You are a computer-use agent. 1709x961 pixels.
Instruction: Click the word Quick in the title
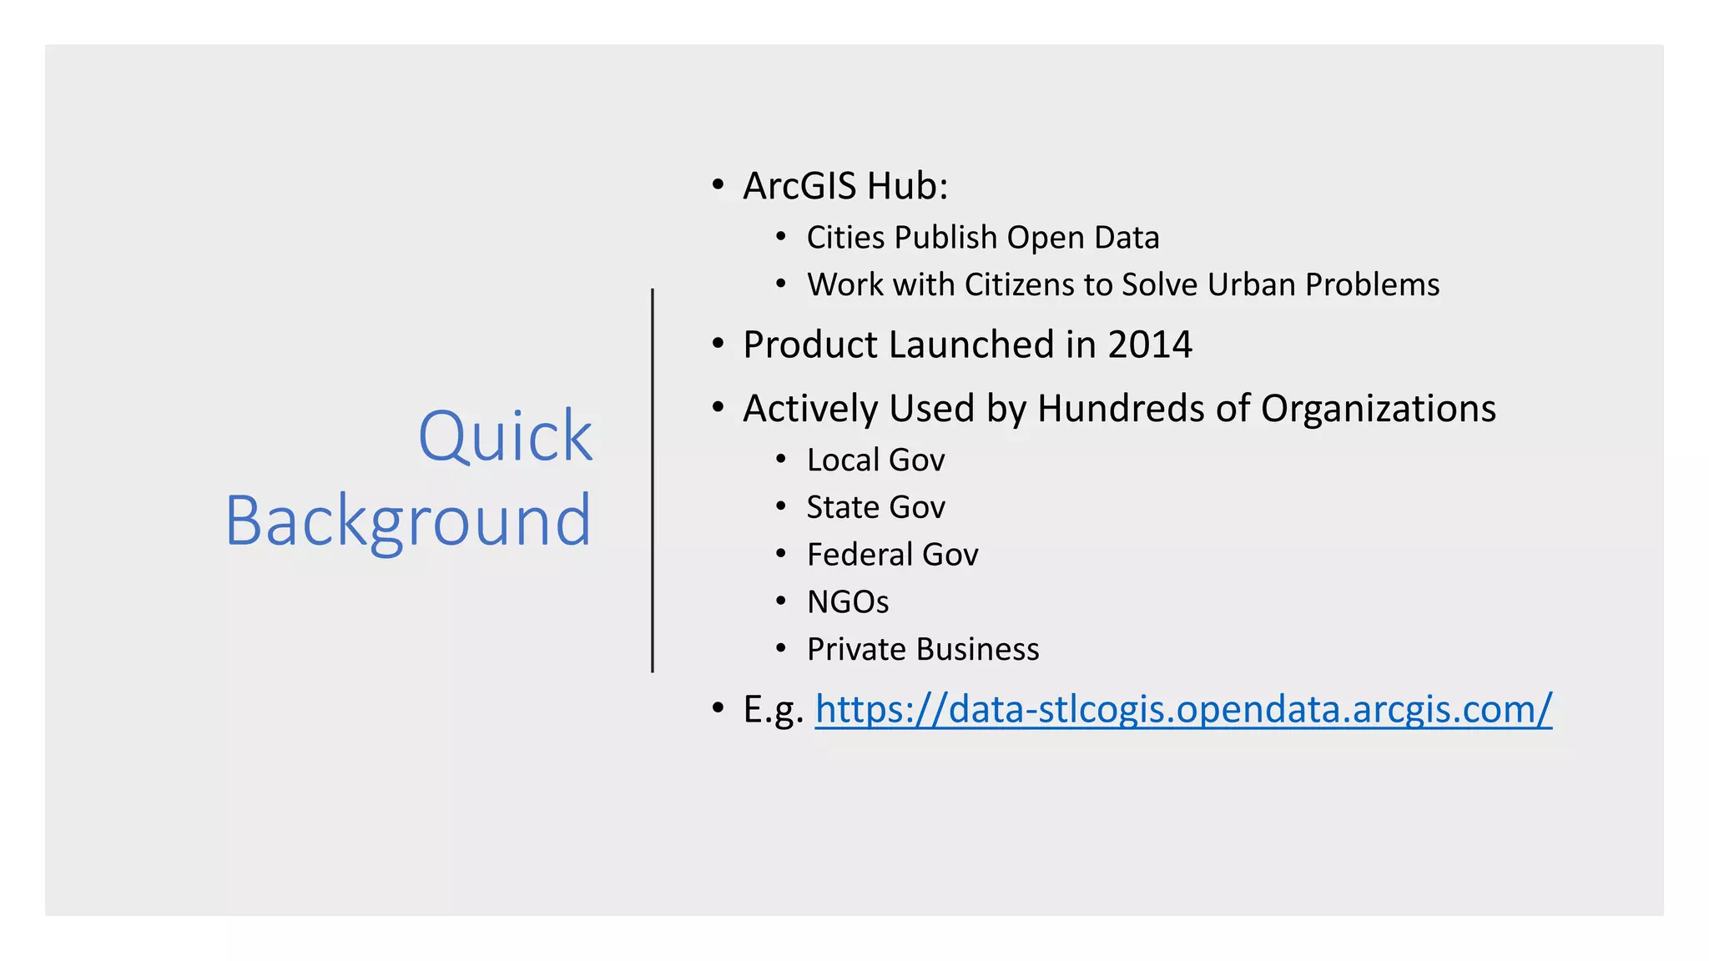point(505,436)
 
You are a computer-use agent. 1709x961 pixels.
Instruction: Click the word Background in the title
point(408,521)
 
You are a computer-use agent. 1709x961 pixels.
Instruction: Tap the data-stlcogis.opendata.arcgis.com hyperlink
point(1183,709)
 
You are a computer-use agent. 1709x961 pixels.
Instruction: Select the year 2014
point(1150,345)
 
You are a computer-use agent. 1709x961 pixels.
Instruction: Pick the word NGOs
point(848,601)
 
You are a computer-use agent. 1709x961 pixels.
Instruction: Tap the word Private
point(855,649)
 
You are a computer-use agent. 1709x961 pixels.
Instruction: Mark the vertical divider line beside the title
point(653,480)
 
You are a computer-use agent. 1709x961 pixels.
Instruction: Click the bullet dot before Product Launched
point(718,344)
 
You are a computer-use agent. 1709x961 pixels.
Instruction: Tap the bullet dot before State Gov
point(781,506)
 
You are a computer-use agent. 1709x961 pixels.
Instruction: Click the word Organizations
point(1378,409)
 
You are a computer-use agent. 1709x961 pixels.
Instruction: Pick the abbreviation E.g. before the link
point(772,709)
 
